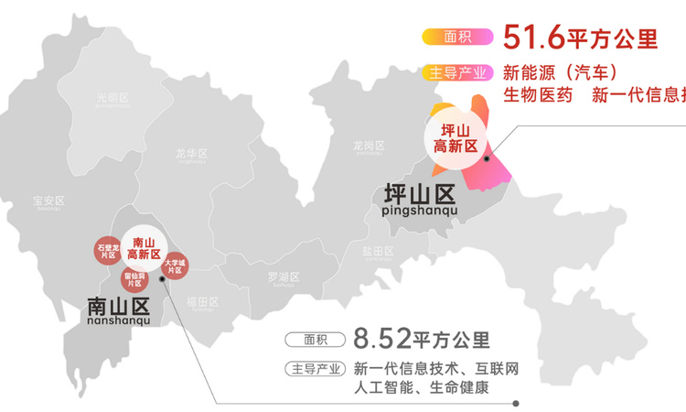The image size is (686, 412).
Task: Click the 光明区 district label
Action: click(114, 98)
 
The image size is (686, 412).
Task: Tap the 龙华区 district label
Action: click(191, 154)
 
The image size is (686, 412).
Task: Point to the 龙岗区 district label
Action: click(369, 146)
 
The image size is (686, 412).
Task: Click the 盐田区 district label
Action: click(377, 251)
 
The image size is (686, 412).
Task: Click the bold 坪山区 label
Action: click(420, 194)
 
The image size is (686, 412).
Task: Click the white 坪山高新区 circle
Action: click(455, 139)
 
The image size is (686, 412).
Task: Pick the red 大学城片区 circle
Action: click(175, 266)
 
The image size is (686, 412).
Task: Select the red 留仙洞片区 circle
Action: click(134, 279)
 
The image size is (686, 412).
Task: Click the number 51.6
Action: click(534, 38)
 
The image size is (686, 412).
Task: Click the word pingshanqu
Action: click(420, 212)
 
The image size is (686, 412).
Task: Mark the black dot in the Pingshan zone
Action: click(487, 158)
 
